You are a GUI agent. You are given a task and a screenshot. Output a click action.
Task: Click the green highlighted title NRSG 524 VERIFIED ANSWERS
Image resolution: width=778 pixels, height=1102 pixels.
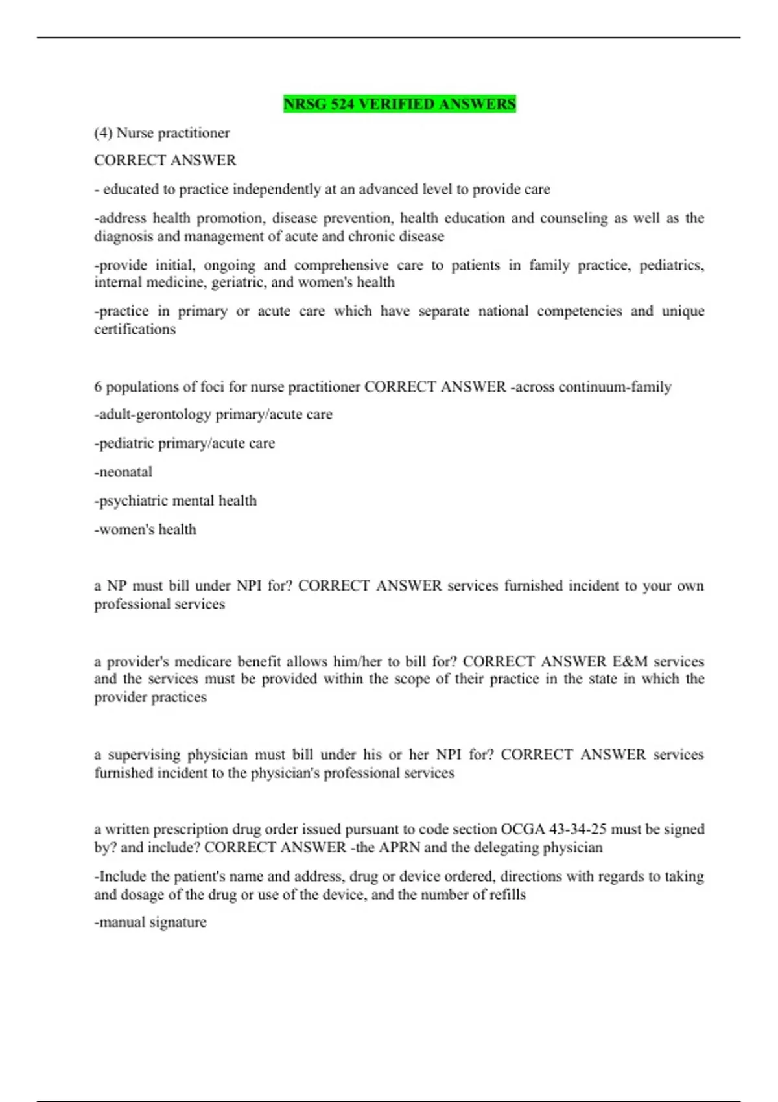[399, 104]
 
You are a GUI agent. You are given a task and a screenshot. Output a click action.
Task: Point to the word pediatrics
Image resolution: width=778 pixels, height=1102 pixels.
[671, 265]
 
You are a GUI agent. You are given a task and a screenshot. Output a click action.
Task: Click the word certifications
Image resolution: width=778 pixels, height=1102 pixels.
[135, 329]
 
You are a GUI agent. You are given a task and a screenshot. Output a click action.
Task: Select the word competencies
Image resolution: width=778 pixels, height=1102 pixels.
[579, 311]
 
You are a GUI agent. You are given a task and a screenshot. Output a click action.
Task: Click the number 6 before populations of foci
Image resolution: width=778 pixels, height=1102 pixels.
[98, 387]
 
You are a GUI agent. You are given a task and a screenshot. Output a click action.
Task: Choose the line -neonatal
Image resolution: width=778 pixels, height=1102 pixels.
[123, 472]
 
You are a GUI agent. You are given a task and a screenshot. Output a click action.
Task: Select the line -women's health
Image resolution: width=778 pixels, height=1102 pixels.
[145, 530]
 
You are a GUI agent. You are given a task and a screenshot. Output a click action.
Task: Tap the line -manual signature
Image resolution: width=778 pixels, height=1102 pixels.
[150, 922]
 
